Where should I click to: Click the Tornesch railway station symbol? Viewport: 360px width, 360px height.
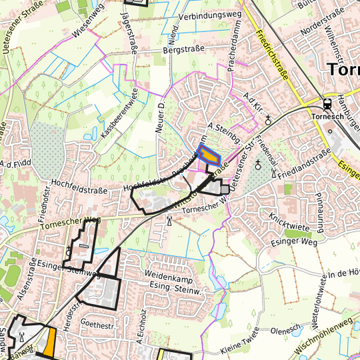tap(327, 104)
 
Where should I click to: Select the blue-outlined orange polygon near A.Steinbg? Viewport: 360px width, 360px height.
tap(210, 155)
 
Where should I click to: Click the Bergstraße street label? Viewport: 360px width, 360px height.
tap(182, 50)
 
